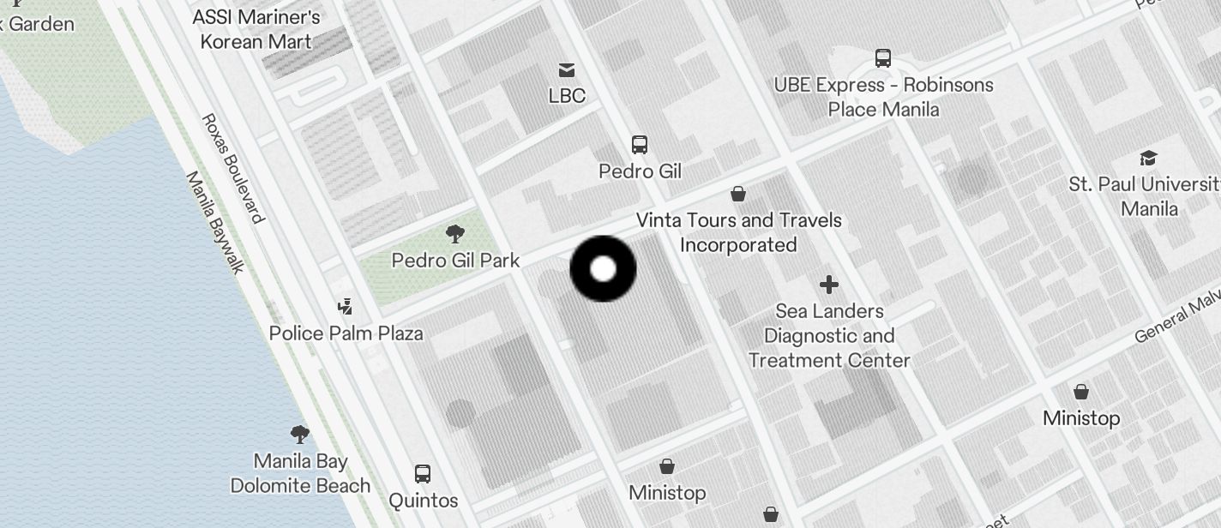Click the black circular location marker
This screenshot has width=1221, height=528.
(x=603, y=269)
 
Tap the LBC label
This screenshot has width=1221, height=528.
(x=567, y=96)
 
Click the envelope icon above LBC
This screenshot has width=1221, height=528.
(x=567, y=69)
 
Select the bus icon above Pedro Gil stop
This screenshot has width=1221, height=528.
(x=640, y=144)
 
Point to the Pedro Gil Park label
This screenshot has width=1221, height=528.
(x=455, y=260)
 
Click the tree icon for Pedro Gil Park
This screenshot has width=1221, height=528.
(x=455, y=233)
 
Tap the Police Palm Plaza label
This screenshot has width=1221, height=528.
(x=346, y=333)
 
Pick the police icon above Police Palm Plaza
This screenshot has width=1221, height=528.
(x=346, y=306)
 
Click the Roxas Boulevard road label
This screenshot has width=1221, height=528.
(x=232, y=168)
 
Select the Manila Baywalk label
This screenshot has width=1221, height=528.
(x=215, y=222)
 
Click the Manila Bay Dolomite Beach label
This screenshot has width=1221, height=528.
(x=300, y=473)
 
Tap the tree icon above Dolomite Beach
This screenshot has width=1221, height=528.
(x=299, y=434)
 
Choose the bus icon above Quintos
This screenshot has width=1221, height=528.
(x=423, y=473)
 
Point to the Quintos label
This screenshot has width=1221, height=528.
(x=423, y=500)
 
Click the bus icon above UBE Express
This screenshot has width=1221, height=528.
(x=883, y=58)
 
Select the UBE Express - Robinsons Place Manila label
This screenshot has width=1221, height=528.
(x=883, y=97)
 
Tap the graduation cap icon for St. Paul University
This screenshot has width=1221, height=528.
(x=1148, y=158)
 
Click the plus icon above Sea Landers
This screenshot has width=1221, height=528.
(x=828, y=285)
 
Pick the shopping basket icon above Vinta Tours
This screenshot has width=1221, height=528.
(x=737, y=195)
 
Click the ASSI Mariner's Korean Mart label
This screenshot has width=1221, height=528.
(x=256, y=29)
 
